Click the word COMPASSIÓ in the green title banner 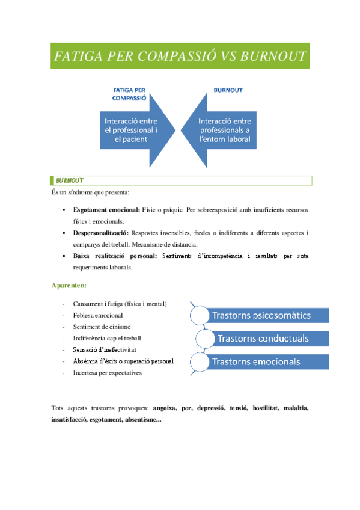click(175, 57)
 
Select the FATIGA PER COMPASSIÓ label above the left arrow click(130, 94)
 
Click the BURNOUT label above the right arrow click(228, 90)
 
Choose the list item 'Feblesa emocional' click(98, 315)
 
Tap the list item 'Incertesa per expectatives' click(108, 373)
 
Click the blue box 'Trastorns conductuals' click(272, 338)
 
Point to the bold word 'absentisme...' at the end click(142, 419)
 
